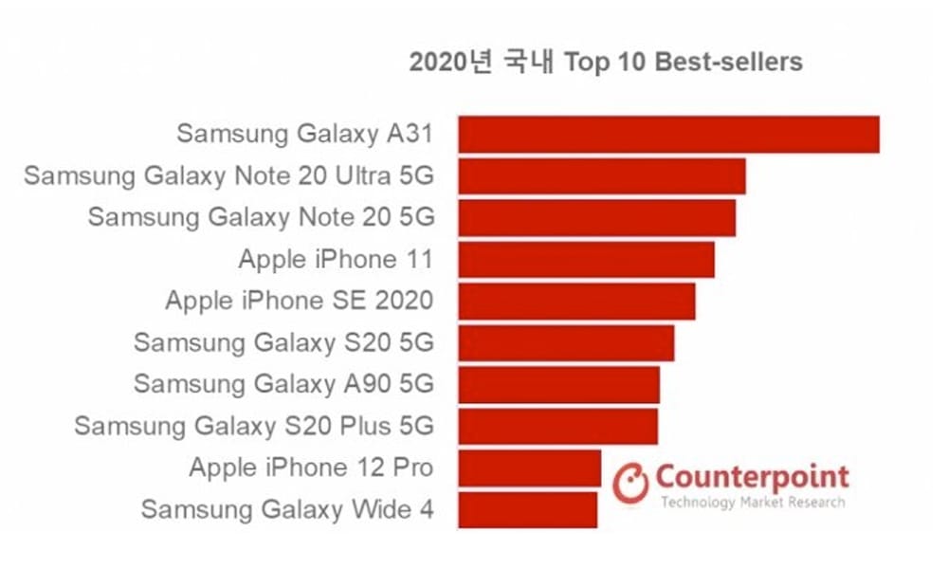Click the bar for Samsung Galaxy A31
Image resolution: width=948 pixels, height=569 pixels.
point(668,134)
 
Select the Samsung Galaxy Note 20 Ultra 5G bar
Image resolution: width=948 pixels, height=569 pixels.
point(601,175)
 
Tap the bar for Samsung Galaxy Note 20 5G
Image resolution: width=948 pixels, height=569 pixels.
point(596,217)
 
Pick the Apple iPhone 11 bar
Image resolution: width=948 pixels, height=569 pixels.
point(586,259)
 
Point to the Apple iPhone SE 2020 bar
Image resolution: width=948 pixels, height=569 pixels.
point(576,301)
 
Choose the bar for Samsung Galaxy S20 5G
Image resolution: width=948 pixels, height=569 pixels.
point(566,342)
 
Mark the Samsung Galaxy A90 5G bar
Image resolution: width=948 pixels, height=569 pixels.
point(558,384)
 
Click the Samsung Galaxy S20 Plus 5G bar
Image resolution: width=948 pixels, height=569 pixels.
point(557,426)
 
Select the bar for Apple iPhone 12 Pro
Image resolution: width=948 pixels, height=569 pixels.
point(529,468)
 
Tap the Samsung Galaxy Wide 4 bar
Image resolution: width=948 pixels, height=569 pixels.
point(527,509)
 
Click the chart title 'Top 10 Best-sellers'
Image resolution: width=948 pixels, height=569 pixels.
point(605,63)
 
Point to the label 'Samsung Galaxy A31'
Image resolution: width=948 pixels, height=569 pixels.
point(304,134)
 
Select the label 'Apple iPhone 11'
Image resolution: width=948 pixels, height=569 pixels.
point(336,259)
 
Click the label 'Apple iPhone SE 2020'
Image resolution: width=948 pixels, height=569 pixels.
point(299,301)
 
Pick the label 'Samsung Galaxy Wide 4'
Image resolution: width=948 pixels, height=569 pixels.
point(287,509)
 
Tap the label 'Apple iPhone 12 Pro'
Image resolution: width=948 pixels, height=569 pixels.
point(311,468)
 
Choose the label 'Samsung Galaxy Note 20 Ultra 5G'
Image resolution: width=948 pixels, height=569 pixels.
point(228,175)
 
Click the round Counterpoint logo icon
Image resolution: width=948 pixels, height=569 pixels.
point(630,483)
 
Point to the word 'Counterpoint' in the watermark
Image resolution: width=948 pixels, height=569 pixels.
point(752,476)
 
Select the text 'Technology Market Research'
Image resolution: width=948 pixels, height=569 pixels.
point(752,502)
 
